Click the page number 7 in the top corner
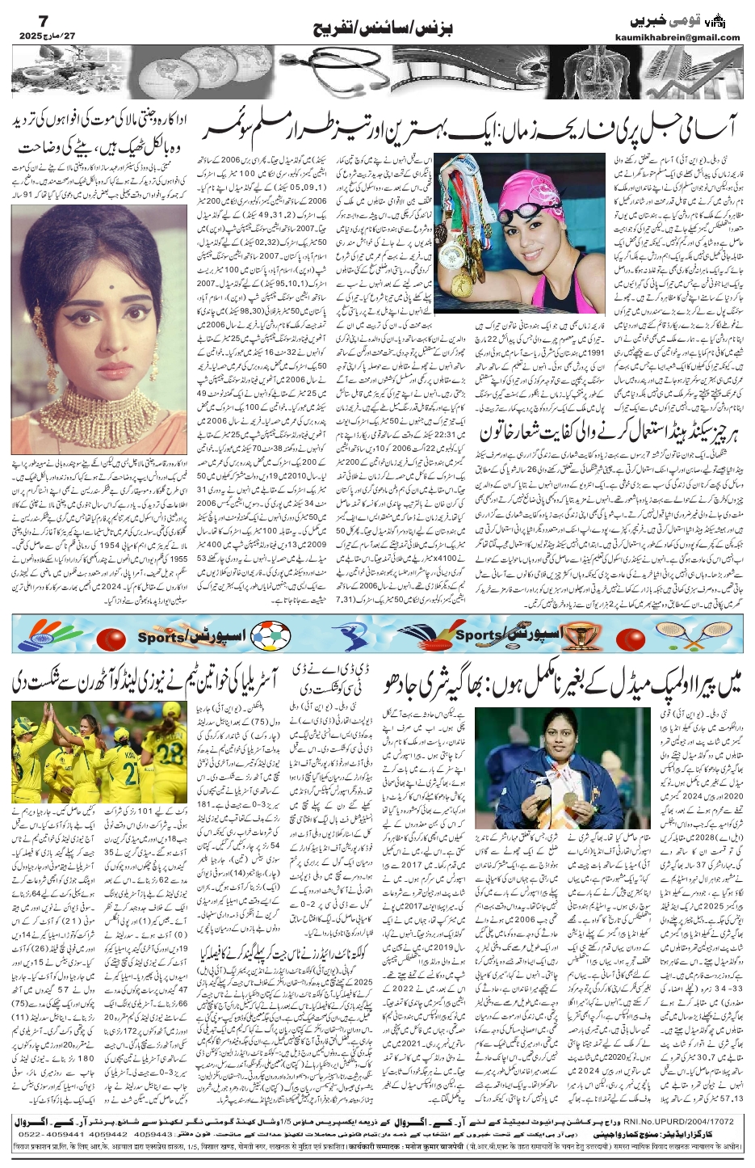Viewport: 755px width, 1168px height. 22,18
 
